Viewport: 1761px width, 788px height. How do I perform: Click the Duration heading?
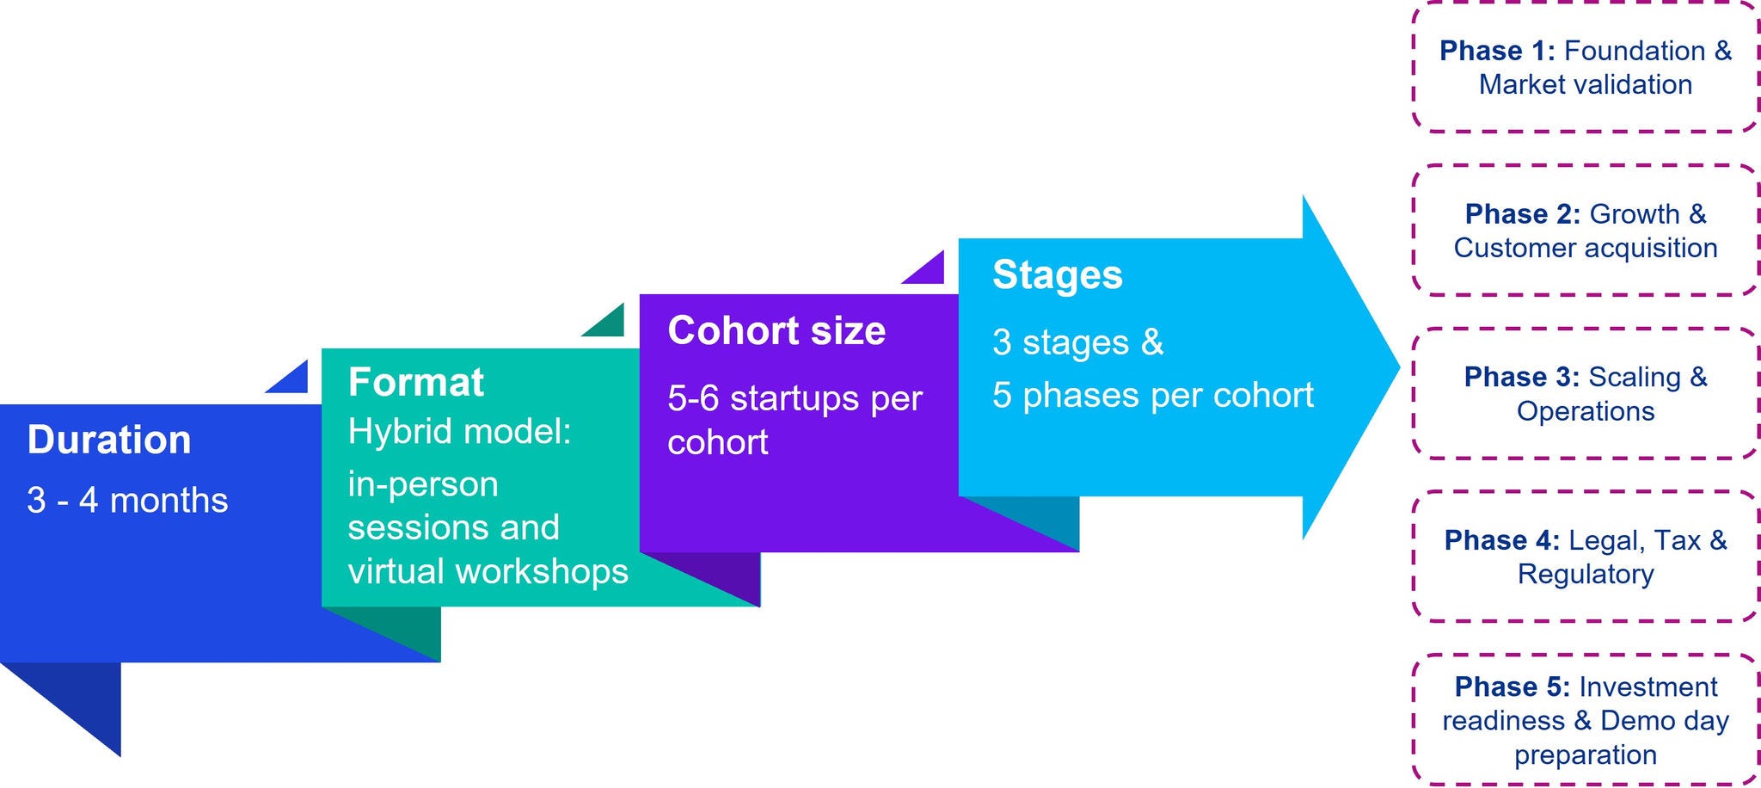click(x=108, y=440)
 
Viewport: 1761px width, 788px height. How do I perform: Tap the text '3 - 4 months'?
click(x=127, y=500)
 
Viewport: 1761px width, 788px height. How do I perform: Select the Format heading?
click(x=415, y=382)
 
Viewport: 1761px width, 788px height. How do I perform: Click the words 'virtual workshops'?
click(x=488, y=571)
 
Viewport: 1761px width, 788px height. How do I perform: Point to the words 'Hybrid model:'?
click(x=459, y=431)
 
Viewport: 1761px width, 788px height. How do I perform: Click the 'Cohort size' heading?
click(x=776, y=330)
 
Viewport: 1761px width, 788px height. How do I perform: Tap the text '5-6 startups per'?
click(x=795, y=398)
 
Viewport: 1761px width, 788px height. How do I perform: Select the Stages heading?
click(x=1057, y=274)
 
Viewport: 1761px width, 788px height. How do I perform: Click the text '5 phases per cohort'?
click(x=1152, y=395)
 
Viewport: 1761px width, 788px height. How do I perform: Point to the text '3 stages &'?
click(x=1077, y=342)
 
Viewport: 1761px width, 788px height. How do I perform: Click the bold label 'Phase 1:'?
click(x=1497, y=51)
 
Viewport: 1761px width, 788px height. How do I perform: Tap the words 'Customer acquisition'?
click(x=1585, y=248)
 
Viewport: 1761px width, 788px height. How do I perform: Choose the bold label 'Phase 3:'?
click(x=1521, y=377)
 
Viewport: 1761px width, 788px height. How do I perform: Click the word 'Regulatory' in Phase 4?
click(x=1585, y=574)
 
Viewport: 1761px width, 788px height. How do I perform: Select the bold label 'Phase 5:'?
click(x=1512, y=686)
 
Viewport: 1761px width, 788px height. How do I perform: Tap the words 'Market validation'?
click(x=1585, y=84)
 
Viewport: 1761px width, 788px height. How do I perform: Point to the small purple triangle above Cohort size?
click(x=930, y=271)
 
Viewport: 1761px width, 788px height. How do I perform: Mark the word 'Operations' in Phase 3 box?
click(x=1585, y=411)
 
